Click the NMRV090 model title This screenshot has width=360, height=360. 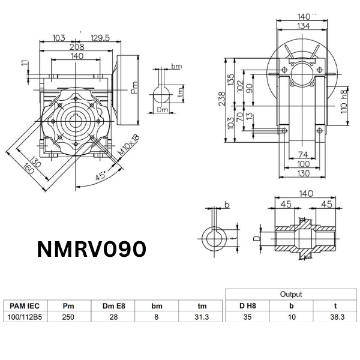(x=92, y=249)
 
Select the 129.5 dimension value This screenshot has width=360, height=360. (x=100, y=38)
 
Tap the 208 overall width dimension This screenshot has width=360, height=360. (x=76, y=46)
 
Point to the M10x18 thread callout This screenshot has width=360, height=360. (x=128, y=146)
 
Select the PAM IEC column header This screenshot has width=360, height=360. (x=22, y=306)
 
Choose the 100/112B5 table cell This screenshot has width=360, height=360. (x=22, y=317)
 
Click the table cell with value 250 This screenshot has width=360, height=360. (x=68, y=317)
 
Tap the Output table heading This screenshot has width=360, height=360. (x=291, y=295)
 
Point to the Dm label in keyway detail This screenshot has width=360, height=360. (x=162, y=110)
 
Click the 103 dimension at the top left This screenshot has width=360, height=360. (x=59, y=38)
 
